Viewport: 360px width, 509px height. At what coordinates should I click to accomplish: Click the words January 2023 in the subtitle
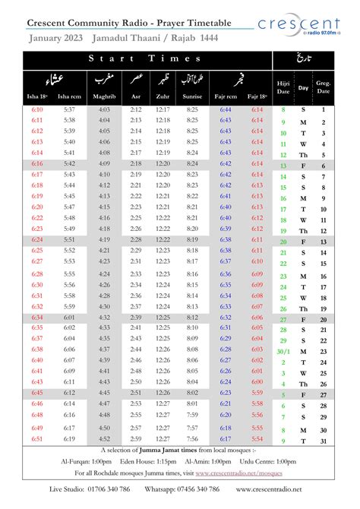coord(55,37)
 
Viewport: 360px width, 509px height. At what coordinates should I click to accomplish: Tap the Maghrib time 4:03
coord(103,110)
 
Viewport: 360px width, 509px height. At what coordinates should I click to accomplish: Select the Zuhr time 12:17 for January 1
coord(163,110)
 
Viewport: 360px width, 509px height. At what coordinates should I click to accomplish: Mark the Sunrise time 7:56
coord(194,439)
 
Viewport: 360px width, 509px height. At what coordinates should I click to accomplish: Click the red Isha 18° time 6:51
coord(36,439)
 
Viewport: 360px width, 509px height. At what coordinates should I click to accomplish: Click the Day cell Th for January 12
coord(303,155)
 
